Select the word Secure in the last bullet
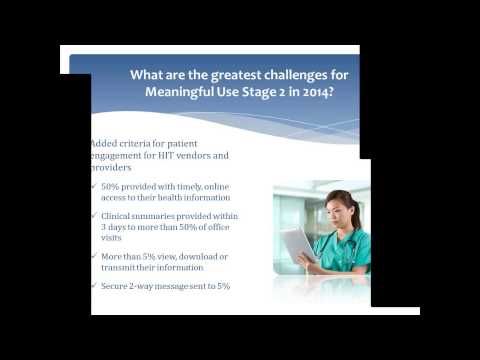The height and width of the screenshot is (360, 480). pyautogui.click(x=116, y=286)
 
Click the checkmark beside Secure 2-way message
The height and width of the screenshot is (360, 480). pyautogui.click(x=93, y=286)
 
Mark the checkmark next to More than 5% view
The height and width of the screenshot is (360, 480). pyautogui.click(x=93, y=257)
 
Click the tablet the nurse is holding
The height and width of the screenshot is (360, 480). pyautogui.click(x=298, y=244)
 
